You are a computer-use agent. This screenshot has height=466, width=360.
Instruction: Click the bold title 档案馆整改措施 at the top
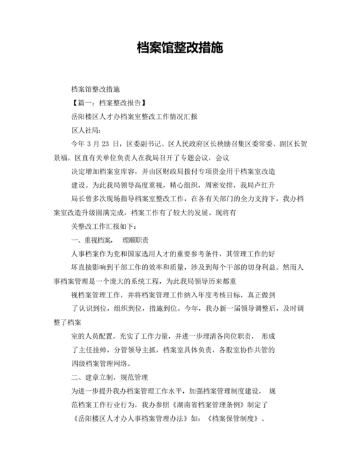tap(180, 49)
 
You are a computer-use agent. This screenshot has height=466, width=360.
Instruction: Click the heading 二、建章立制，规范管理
tap(110, 377)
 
